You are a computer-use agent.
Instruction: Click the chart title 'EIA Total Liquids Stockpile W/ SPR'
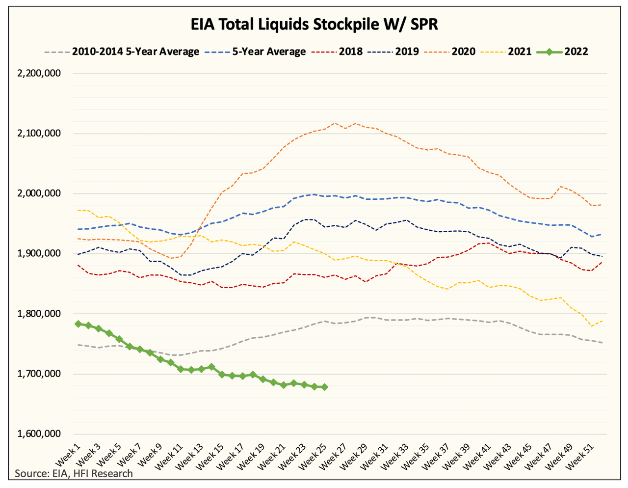(x=314, y=25)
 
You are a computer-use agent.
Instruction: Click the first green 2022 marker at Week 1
(x=78, y=324)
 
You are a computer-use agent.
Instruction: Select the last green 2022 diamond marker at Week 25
(x=324, y=387)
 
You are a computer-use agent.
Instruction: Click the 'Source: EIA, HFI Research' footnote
(x=74, y=474)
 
